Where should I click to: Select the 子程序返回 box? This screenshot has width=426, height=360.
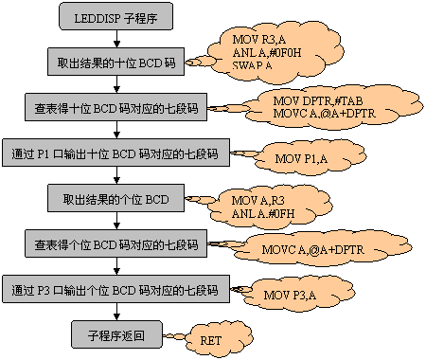tap(115, 334)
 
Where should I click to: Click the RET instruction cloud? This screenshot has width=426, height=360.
tap(211, 338)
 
